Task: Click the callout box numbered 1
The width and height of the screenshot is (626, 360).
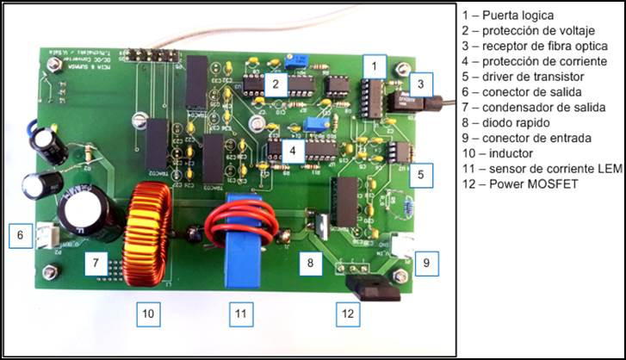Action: click(372, 65)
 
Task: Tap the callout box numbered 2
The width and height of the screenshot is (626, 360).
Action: click(274, 84)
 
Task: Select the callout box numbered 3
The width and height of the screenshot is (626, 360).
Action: click(419, 84)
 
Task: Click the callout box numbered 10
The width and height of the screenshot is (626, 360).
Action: click(147, 314)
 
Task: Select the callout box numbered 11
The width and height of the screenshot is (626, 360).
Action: click(242, 314)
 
